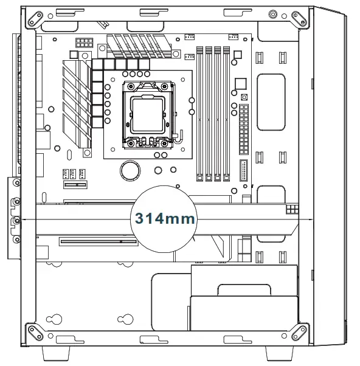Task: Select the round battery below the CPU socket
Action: click(129, 169)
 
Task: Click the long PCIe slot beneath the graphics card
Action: click(97, 242)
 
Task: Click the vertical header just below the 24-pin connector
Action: click(244, 172)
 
